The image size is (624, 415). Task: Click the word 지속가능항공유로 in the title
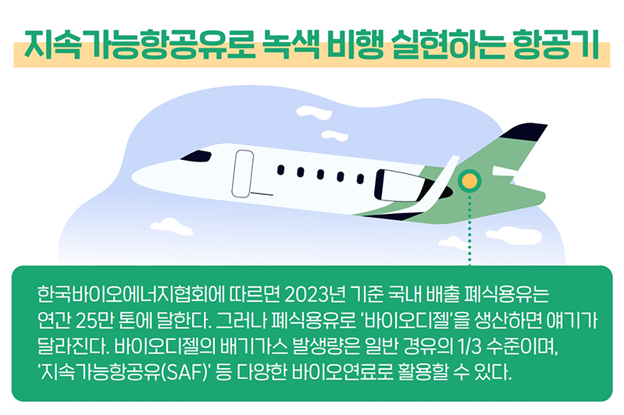coord(139,44)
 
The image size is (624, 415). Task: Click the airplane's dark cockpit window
coord(196,156)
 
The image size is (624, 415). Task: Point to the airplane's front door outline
coord(243,174)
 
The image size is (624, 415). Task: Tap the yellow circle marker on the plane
coord(469,181)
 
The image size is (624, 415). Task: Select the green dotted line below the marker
coord(469,230)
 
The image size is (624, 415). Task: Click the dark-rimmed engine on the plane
coord(402,185)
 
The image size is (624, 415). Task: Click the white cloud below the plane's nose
coord(171,225)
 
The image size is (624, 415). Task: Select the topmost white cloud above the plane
coord(314,112)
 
